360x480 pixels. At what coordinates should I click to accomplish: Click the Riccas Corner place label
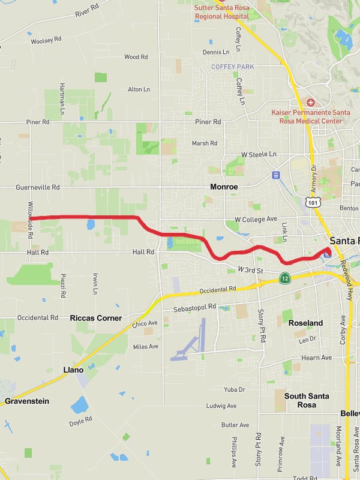[96, 318]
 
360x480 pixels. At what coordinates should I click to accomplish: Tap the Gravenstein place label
[27, 401]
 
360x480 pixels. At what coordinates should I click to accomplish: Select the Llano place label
[73, 370]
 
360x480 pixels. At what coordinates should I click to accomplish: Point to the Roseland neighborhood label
[305, 323]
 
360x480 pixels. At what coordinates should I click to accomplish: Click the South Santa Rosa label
[307, 400]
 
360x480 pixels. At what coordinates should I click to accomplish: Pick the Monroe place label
[224, 187]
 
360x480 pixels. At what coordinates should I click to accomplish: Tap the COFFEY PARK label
[233, 67]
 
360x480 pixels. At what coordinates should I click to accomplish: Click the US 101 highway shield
[313, 203]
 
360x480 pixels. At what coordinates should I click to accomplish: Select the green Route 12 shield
[285, 277]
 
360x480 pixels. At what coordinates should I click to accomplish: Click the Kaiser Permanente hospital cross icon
[310, 103]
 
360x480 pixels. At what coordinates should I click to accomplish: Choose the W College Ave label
[256, 219]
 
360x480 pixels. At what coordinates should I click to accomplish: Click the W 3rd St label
[250, 271]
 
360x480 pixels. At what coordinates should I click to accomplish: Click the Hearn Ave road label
[317, 358]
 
